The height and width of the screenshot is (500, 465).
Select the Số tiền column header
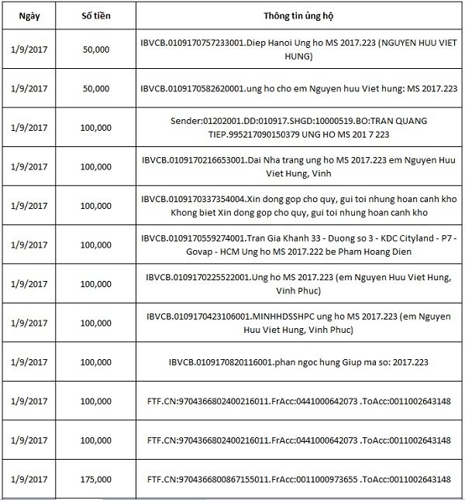[x=95, y=15]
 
